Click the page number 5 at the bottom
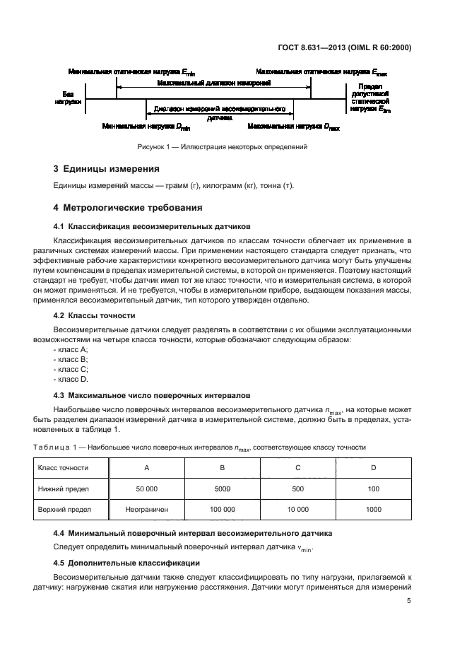point(409,601)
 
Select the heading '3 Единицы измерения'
point(106,169)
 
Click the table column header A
point(146,467)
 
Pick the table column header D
point(374,467)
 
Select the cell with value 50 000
point(146,488)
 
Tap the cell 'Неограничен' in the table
point(146,508)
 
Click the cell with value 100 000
point(223,508)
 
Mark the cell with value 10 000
point(298,508)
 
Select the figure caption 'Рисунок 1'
point(223,147)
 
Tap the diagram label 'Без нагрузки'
point(68,98)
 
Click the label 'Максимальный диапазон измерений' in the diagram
point(215,83)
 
